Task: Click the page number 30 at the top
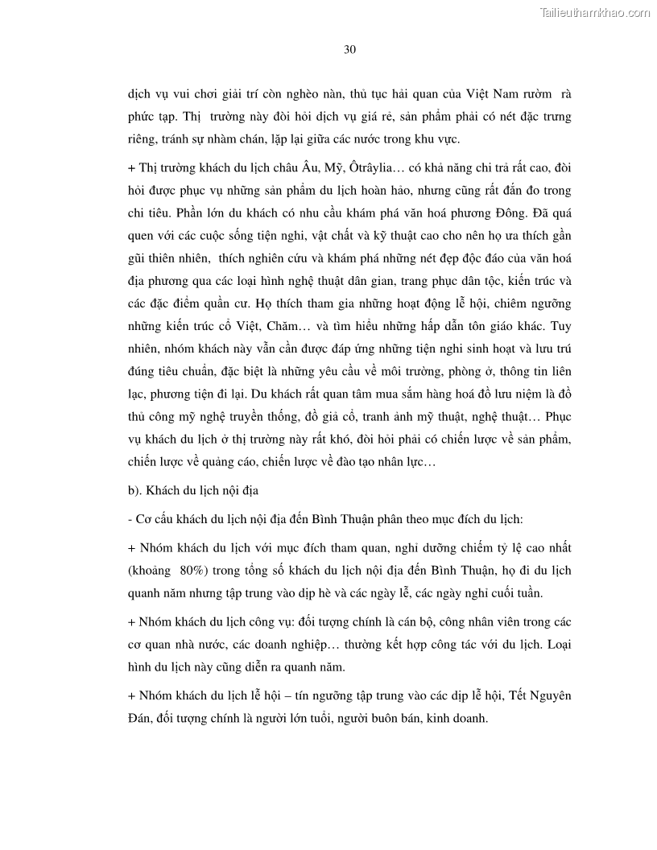[x=349, y=49]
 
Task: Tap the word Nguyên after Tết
[x=552, y=695]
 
